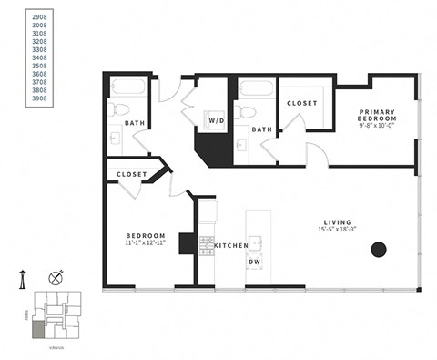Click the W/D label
[217, 120]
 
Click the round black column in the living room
[379, 249]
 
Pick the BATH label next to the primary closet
[262, 129]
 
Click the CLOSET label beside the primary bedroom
[301, 103]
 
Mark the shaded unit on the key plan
[37, 326]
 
